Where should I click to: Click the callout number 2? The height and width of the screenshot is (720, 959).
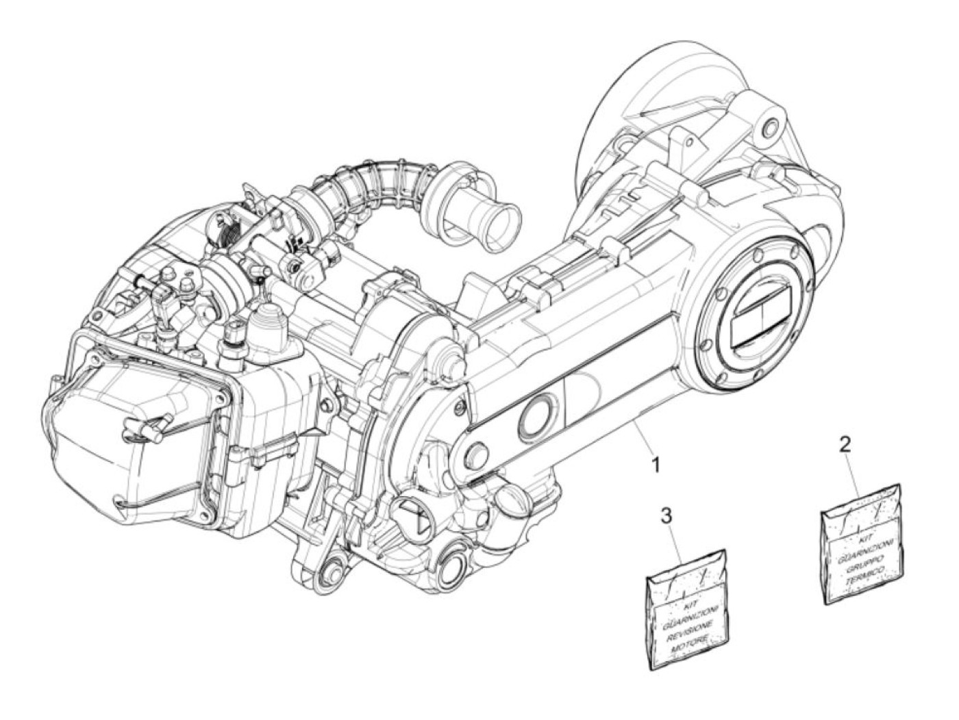pos(846,444)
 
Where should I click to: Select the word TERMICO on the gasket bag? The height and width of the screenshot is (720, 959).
pos(863,579)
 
